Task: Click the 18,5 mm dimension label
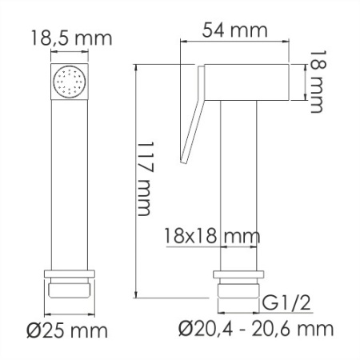click(x=70, y=38)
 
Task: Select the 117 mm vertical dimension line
click(x=137, y=180)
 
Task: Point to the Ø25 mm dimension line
click(x=70, y=310)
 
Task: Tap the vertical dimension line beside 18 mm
click(x=306, y=81)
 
